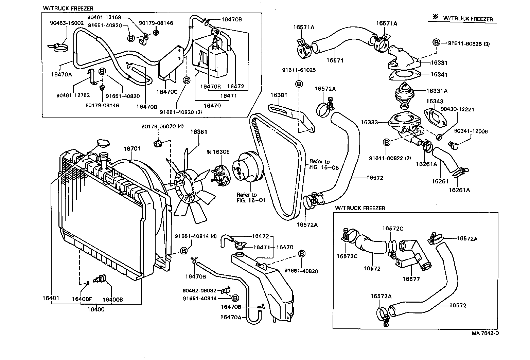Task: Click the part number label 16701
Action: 132,148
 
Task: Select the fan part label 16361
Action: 199,132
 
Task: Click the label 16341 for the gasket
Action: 439,74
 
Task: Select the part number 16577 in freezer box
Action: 411,279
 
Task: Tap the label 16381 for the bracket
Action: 279,95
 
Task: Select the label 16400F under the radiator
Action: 82,299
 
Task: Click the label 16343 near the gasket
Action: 435,101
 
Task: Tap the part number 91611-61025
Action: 299,70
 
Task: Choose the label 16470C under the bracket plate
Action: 167,91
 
